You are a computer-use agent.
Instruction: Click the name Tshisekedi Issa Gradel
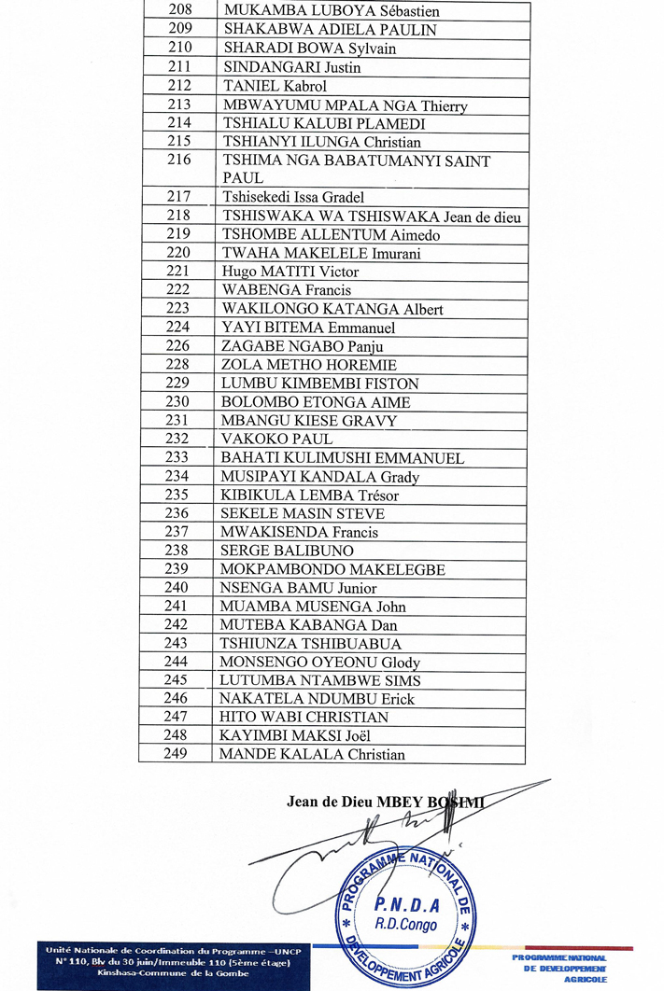click(292, 197)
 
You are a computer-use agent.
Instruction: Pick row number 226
click(177, 346)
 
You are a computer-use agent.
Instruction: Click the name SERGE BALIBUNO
click(286, 551)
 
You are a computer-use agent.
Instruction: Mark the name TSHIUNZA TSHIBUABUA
click(310, 644)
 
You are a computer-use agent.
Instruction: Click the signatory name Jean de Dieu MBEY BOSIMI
click(387, 802)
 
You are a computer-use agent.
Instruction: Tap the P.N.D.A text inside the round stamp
click(401, 904)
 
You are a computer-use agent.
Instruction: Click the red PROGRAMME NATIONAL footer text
click(559, 958)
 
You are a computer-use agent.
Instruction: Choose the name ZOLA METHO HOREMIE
click(308, 365)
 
